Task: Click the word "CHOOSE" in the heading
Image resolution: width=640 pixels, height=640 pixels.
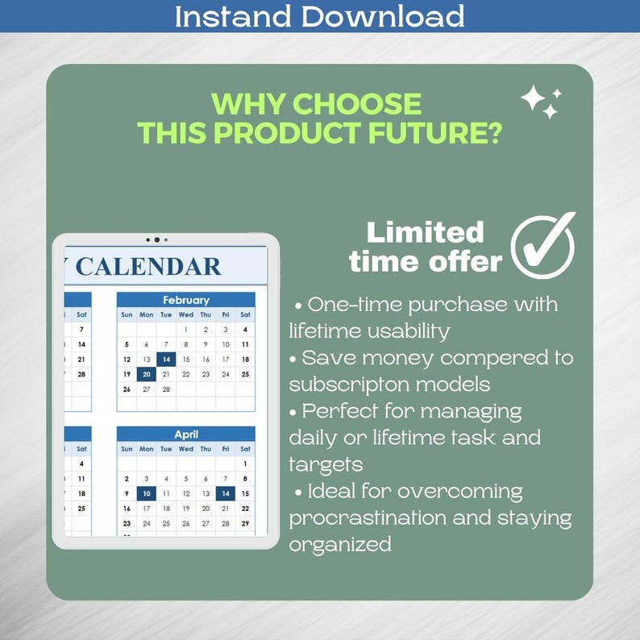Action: tap(358, 104)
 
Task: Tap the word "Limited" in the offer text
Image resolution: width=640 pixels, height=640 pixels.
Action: tap(425, 232)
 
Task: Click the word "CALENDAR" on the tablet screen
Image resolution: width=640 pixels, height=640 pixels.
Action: tap(148, 267)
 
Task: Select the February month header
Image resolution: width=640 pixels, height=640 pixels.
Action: tap(185, 300)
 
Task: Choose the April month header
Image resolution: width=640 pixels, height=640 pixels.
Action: tap(185, 434)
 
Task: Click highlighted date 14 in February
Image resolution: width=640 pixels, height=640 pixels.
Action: tap(166, 359)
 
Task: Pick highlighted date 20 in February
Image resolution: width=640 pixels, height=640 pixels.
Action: tap(146, 374)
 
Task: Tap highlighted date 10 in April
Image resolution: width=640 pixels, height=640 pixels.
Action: tap(146, 493)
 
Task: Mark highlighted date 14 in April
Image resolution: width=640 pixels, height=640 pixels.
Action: tap(225, 493)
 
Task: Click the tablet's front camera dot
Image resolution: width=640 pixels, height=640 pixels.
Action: tap(156, 239)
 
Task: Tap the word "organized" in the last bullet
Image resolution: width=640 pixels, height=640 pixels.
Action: tap(339, 544)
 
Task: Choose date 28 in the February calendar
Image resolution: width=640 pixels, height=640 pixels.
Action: tap(166, 389)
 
